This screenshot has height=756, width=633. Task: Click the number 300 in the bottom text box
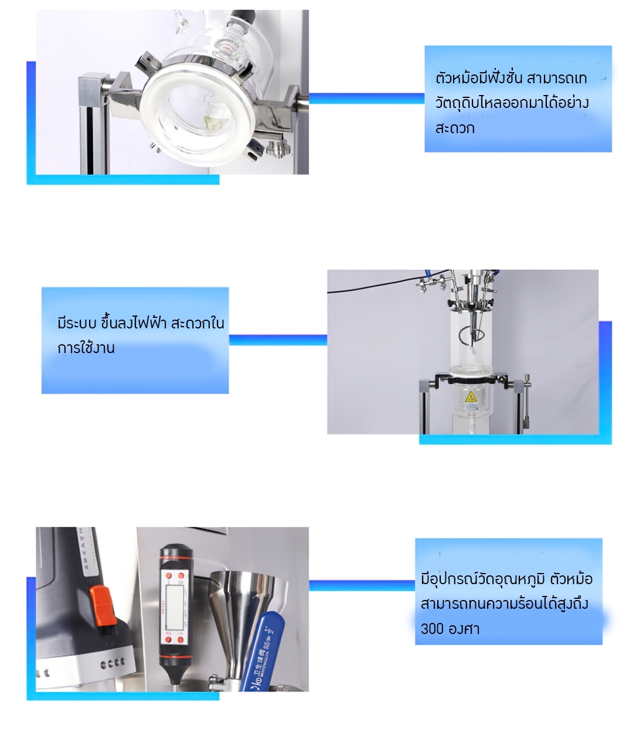(432, 629)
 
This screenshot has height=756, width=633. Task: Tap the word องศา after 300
(464, 629)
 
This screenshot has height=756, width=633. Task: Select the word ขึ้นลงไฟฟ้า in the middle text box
(134, 323)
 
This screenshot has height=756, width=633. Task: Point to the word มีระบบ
(77, 323)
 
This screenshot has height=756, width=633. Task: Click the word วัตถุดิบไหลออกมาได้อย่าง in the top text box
(512, 103)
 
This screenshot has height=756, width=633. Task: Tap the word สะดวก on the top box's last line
(455, 128)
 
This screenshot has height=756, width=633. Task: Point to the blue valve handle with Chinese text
(267, 651)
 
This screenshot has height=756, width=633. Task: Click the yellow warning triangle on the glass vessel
(470, 398)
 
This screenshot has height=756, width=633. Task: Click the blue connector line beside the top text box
(366, 99)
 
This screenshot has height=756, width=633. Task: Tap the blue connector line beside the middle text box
(277, 340)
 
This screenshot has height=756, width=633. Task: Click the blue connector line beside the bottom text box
(362, 585)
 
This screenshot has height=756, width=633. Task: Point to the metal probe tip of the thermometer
(175, 680)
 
